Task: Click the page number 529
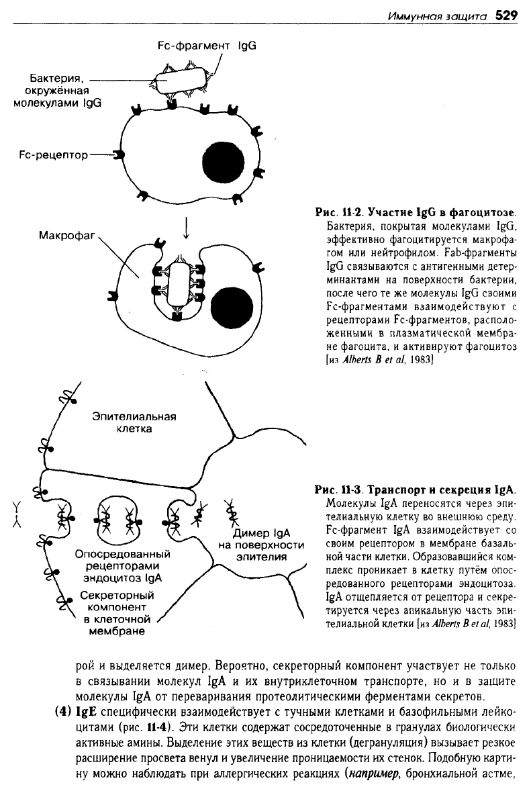506,15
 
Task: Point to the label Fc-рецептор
53,155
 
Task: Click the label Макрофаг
67,235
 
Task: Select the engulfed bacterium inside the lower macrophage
177,285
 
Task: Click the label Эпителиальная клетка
134,423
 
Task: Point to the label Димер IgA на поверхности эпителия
261,545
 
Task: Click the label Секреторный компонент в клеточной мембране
117,614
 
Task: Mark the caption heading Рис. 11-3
340,490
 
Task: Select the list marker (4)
63,713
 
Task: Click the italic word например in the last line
374,774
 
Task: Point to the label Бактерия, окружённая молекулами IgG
58,91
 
